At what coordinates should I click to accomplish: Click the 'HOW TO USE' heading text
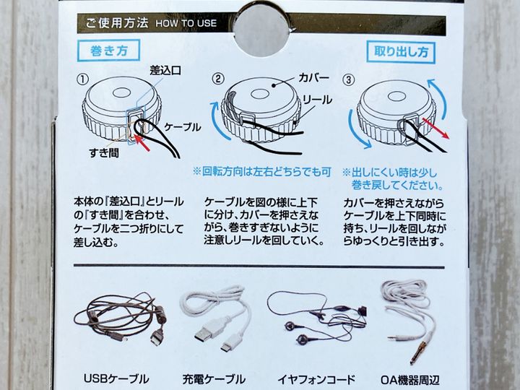(186, 23)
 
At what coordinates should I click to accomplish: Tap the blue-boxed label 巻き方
(108, 51)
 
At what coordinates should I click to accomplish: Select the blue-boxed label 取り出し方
(401, 52)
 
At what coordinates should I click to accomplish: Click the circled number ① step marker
(82, 79)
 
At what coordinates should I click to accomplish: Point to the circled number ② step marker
(218, 79)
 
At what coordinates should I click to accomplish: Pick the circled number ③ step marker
(348, 79)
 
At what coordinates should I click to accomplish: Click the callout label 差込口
(165, 70)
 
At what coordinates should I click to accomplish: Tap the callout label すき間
(104, 152)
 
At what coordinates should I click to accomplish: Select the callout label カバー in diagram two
(313, 77)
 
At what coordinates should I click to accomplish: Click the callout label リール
(317, 100)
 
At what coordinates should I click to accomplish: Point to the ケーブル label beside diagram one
(183, 127)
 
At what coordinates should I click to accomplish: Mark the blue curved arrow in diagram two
(218, 121)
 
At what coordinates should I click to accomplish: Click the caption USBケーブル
(116, 378)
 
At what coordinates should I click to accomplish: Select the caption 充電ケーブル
(214, 378)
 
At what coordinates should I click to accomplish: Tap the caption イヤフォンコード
(316, 378)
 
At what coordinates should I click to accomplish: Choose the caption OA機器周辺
(410, 379)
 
